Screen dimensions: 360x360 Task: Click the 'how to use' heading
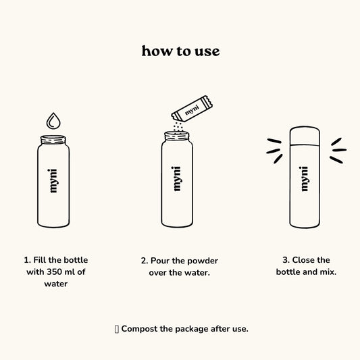click(180, 51)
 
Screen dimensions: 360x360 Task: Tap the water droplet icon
click(53, 121)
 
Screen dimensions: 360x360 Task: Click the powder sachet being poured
click(192, 109)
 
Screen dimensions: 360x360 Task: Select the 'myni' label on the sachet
click(192, 110)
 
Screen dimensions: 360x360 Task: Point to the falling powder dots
click(178, 126)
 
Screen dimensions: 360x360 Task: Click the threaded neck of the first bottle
click(53, 139)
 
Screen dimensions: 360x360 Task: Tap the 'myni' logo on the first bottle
click(53, 181)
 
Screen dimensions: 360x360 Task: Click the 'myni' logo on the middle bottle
click(176, 178)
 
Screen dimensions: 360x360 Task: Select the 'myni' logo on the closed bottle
click(304, 179)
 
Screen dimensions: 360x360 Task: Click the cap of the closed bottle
click(305, 136)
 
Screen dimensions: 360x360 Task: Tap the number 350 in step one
click(55, 272)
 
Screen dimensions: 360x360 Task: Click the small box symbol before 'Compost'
click(117, 329)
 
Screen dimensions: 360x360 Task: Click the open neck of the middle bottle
click(177, 136)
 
